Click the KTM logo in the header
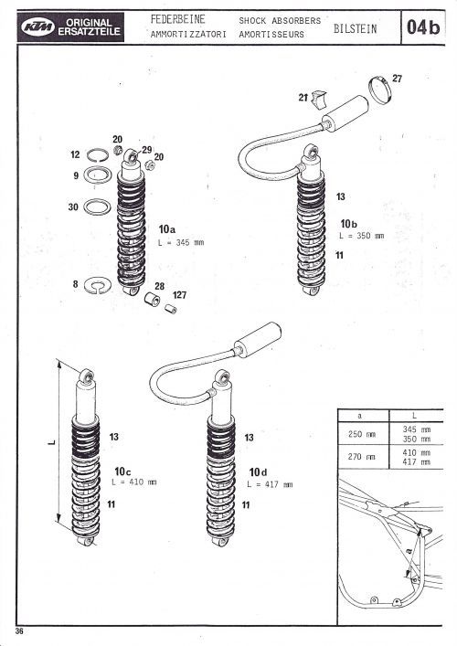point(37,27)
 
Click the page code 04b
point(423,27)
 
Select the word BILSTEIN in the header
point(355,29)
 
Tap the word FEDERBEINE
point(177,19)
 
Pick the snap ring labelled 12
point(98,155)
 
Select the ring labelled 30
point(97,207)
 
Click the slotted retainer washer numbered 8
point(97,286)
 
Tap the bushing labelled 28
point(152,300)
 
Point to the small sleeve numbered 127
point(171,309)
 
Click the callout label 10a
point(167,229)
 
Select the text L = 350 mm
point(361,236)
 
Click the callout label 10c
point(122,471)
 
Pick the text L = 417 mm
point(270,484)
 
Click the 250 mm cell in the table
point(361,434)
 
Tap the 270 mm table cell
point(361,457)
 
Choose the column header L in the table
point(415,416)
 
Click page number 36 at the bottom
point(19,631)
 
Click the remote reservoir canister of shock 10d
point(258,340)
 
